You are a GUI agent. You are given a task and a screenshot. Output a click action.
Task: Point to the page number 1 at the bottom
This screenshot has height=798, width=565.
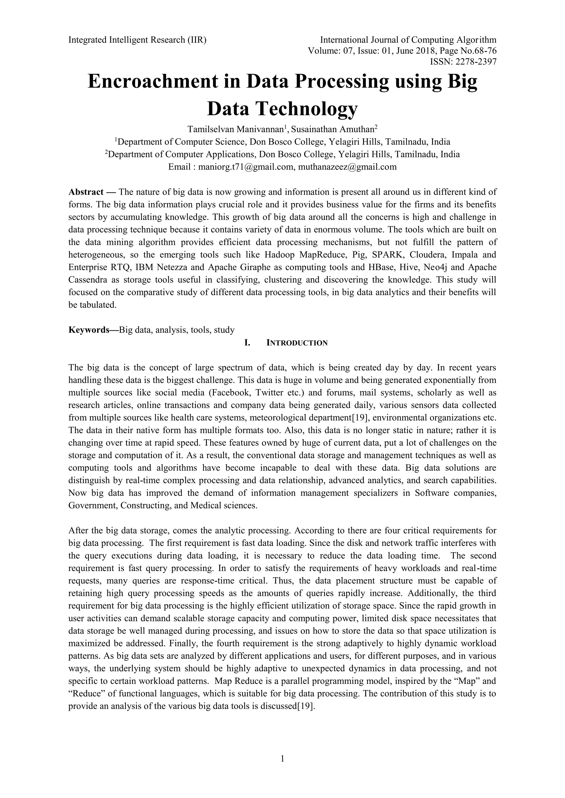tap(282, 758)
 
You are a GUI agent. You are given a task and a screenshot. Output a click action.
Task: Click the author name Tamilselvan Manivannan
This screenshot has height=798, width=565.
tap(236, 129)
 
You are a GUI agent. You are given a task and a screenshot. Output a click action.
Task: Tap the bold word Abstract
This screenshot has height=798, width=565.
tap(86, 192)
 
